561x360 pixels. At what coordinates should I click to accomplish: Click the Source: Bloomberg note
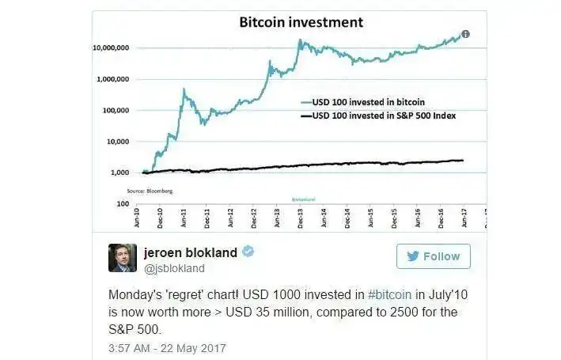(150, 191)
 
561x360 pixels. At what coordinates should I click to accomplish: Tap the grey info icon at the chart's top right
(466, 34)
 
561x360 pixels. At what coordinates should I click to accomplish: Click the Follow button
(433, 256)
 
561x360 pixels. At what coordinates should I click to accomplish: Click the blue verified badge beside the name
(248, 252)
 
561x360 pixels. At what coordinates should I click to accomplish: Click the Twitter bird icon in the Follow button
(412, 256)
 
